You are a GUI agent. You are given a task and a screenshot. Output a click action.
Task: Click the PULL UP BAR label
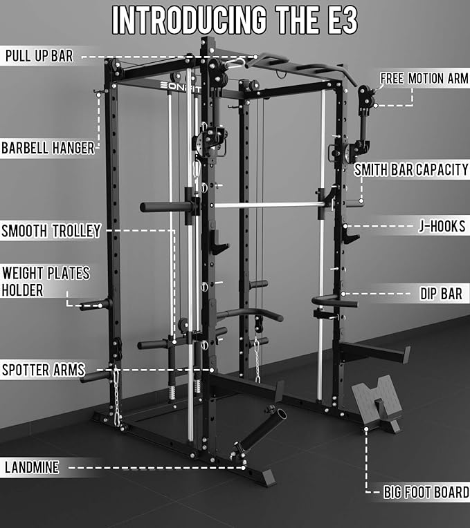coord(39,56)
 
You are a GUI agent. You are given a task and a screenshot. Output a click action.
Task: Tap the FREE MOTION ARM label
coord(424,78)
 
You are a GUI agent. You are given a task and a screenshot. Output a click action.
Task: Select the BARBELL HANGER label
coord(47,147)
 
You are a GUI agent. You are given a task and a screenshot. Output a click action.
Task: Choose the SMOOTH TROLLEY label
coord(51,231)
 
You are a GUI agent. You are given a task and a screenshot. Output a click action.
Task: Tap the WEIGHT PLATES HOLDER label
coord(46,281)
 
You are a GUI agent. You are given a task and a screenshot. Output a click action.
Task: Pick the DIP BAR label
coord(441,294)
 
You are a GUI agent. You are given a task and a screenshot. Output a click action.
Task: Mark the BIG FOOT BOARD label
coord(426,493)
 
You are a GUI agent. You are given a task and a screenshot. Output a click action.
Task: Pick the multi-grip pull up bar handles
coord(305,67)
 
